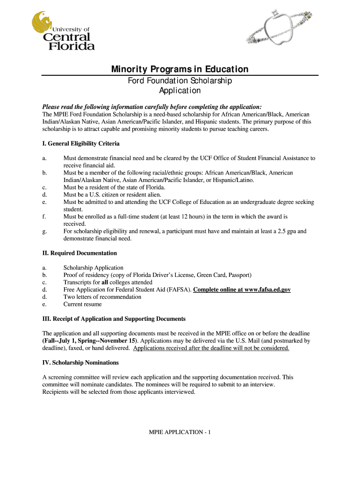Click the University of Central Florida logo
(x=63, y=31)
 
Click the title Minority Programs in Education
(x=180, y=70)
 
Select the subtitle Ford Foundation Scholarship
(x=180, y=81)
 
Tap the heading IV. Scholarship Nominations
(x=80, y=363)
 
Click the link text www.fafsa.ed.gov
(x=265, y=290)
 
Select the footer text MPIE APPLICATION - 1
(x=180, y=432)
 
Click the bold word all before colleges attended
(x=105, y=282)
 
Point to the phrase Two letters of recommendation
(x=102, y=297)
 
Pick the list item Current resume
(x=82, y=304)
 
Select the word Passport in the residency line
(x=239, y=275)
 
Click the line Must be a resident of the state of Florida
(x=115, y=187)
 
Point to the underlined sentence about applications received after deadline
(x=211, y=348)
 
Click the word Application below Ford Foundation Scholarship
(x=180, y=91)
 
